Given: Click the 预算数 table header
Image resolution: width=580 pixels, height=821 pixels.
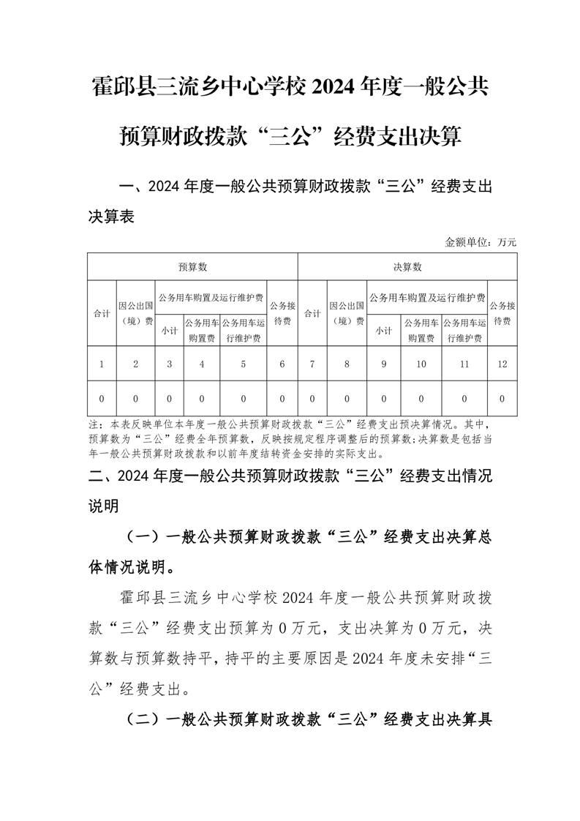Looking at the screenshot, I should tap(192, 267).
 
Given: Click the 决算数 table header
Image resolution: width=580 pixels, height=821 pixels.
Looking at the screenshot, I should tap(407, 267).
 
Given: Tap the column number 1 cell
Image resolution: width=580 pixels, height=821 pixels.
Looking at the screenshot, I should tap(102, 364).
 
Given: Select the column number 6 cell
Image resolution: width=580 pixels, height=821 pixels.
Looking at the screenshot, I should tap(282, 364).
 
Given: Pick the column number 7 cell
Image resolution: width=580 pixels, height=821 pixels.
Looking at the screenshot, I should tap(312, 364).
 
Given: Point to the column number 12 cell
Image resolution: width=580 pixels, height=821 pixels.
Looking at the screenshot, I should tap(502, 364).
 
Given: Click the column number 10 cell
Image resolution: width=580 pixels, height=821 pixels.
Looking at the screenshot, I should tap(421, 364).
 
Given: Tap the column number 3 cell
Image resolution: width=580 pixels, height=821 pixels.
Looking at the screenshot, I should tap(170, 364).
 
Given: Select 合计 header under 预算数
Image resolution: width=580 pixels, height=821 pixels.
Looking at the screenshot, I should tap(102, 313).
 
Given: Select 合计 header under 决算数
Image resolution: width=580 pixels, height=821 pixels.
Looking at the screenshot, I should tap(312, 313).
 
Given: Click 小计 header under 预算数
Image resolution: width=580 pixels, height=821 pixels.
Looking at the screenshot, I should tap(170, 330).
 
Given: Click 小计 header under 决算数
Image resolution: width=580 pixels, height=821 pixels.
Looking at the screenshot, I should tap(384, 330).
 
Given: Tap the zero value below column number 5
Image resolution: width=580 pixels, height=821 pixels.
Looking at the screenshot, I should tap(244, 399).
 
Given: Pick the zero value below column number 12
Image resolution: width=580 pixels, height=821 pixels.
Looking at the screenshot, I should tap(502, 399).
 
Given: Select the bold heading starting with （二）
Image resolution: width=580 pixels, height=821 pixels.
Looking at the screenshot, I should tap(307, 720).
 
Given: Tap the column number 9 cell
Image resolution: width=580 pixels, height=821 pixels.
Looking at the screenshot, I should tap(384, 364).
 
